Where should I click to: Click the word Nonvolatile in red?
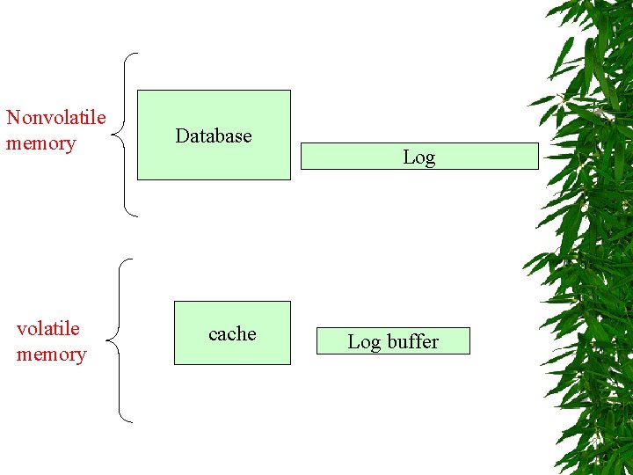point(55,118)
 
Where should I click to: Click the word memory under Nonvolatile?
point(40,143)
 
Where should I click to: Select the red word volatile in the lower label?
point(48,329)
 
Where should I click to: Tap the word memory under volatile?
point(51,354)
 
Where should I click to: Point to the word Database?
point(214,135)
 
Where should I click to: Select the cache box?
point(232,352)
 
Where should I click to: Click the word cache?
point(232,334)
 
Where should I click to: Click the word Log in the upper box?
point(419,157)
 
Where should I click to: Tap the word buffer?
point(412,341)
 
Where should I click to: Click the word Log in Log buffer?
point(364,342)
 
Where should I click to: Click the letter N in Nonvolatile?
point(13,118)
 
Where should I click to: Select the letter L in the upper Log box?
point(408,157)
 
